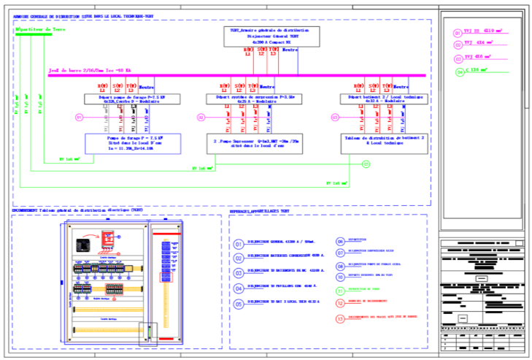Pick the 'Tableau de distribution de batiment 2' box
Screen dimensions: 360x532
pos(379,142)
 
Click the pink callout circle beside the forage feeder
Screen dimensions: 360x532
pos(79,117)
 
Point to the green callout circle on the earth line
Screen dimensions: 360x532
pos(366,164)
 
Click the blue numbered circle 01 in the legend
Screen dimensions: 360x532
pos(239,244)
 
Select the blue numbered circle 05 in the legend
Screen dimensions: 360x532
pos(239,305)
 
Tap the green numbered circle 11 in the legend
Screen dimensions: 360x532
pos(340,290)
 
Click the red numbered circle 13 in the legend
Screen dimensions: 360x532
pos(340,318)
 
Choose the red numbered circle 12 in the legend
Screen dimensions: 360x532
pos(340,302)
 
